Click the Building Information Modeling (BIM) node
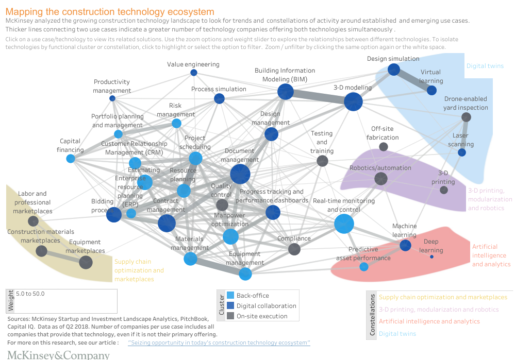click(286, 92)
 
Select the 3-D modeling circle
click(353, 101)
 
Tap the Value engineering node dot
click(194, 73)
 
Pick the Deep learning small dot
click(432, 250)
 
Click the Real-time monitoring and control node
click(344, 224)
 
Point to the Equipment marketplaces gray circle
click(86, 262)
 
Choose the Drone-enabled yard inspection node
click(466, 117)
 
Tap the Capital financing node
click(71, 159)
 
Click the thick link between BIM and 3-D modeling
click(320, 97)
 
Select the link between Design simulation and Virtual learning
click(412, 79)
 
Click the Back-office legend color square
click(230, 296)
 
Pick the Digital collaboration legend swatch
click(230, 306)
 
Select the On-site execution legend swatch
click(230, 316)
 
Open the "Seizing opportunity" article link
click(219, 342)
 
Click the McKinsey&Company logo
click(58, 355)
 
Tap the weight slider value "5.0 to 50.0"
click(30, 294)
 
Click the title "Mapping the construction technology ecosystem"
click(110, 11)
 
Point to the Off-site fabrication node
click(384, 147)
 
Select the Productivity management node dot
click(112, 98)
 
